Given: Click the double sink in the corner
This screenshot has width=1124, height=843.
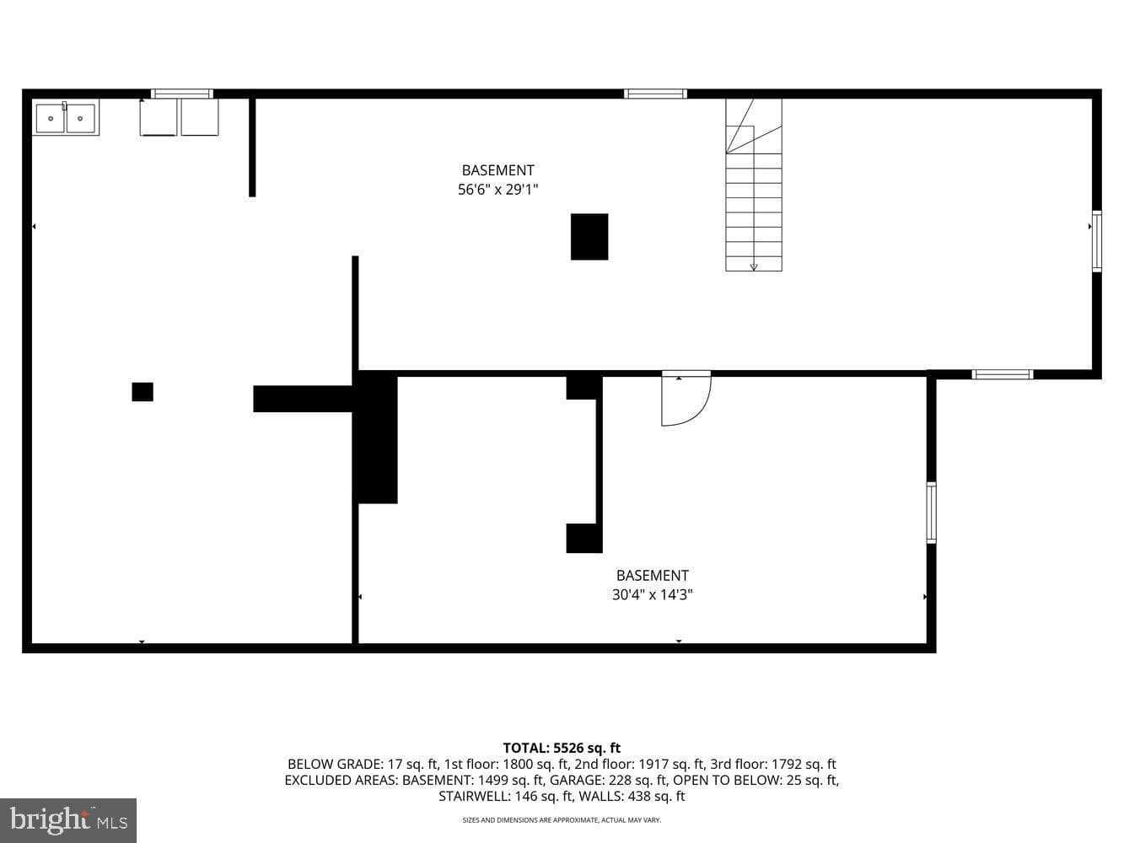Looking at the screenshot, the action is point(66,117).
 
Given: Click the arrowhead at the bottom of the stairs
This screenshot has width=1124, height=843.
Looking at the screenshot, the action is point(754,266).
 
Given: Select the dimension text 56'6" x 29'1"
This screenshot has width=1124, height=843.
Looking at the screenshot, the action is point(497,190).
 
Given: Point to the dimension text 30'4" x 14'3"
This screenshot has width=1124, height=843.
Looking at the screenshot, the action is point(653,595).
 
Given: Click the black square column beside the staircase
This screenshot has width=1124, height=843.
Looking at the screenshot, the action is point(589,237).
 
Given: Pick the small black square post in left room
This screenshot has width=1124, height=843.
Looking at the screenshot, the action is point(143,391).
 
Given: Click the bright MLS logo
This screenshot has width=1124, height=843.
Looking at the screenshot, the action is point(68,820).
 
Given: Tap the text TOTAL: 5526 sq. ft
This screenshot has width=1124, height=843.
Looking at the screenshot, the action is point(562,748).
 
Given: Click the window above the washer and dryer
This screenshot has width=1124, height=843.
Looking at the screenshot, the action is point(182,94).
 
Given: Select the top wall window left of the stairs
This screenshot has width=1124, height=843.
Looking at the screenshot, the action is point(655,94).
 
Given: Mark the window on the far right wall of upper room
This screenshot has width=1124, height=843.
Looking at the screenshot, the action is point(1097,241).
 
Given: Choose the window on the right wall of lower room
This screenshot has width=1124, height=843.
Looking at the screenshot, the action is point(932,513).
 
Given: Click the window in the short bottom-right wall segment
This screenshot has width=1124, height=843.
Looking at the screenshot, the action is point(1003,374).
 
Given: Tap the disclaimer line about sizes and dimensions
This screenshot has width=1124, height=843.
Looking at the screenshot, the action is point(562,820).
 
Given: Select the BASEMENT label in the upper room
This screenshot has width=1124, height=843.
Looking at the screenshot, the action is point(497,170).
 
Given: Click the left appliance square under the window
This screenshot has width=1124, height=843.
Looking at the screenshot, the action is point(159,117).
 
